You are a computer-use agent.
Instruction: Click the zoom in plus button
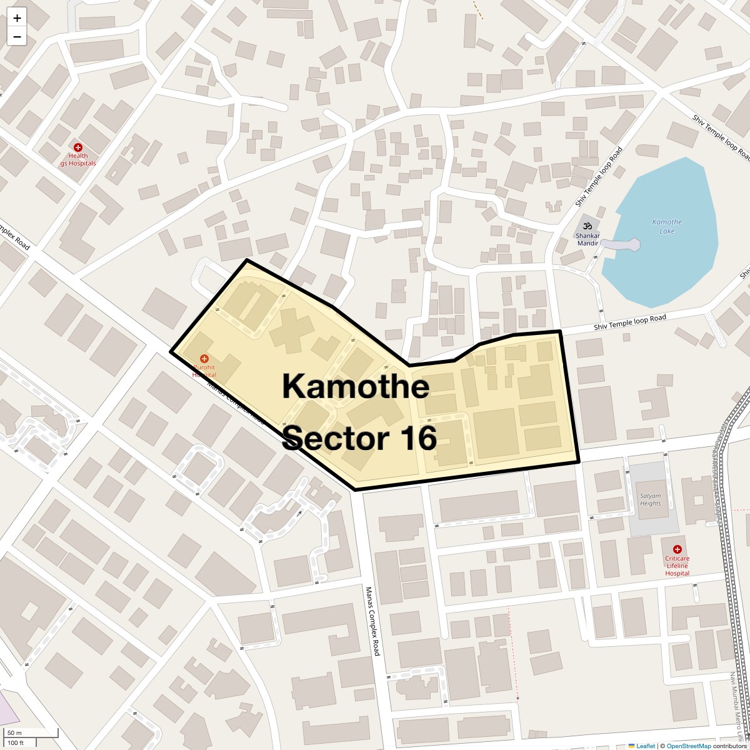pos(17,18)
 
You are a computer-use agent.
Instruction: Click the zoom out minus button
pos(17,37)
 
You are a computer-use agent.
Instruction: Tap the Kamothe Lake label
pos(667,226)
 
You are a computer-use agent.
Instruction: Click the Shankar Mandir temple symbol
pos(587,226)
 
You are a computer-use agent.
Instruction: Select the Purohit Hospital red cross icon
pos(204,359)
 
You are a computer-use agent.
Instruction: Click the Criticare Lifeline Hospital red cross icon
pos(677,549)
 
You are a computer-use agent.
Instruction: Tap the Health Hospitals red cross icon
pos(78,147)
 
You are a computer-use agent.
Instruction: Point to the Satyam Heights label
pos(650,499)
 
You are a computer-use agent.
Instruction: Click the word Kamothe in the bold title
pos(355,386)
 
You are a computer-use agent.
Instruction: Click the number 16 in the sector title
pos(415,438)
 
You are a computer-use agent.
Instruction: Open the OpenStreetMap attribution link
pos(688,746)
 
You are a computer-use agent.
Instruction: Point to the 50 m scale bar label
pos(14,732)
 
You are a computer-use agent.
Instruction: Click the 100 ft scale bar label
pos(16,742)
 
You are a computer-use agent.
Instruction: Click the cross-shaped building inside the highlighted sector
pos(291,326)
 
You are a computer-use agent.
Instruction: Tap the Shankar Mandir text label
pos(587,239)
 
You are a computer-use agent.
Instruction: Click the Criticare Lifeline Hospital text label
pos(677,566)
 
